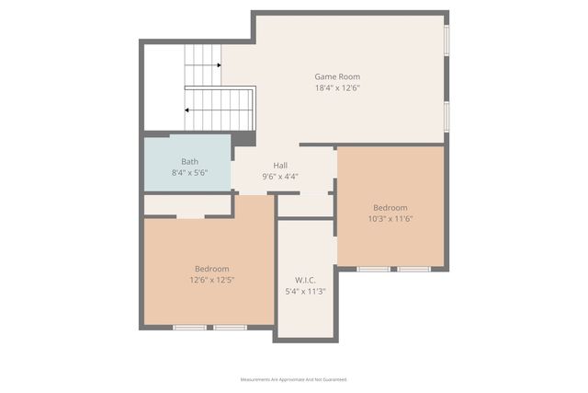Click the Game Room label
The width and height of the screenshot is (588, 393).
337,76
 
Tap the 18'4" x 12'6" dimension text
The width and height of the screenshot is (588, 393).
337,88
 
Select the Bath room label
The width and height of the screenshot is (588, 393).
189,161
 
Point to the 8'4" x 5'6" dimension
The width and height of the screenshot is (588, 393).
189,173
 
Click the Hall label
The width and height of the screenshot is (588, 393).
280,165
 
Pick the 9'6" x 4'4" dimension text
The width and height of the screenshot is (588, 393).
280,176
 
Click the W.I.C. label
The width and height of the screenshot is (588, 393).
306,280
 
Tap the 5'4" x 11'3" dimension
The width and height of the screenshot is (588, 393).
306,291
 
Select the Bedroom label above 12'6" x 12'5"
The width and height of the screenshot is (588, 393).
212,268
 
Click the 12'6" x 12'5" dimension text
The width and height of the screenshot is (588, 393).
212,280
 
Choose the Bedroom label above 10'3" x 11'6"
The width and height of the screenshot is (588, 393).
390,207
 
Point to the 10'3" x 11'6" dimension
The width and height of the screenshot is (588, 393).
390,219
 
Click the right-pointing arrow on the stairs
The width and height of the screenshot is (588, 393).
217,65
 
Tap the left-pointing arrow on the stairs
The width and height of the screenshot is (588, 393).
189,109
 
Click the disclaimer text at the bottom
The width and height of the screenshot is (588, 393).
293,379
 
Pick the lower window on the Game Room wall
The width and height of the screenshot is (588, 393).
447,116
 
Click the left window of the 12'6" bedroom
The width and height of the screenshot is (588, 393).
190,327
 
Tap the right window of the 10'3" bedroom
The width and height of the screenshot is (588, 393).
413,269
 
